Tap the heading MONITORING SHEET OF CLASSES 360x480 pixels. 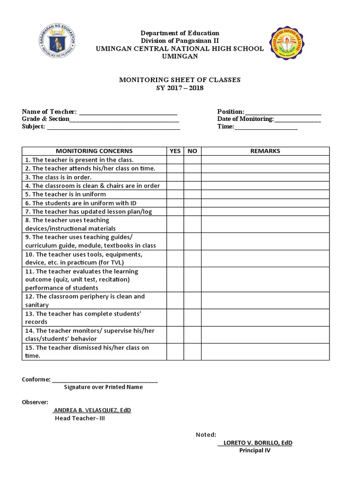point(180,80)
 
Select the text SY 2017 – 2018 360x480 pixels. point(180,88)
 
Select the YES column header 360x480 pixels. point(175,151)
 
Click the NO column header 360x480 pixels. point(192,151)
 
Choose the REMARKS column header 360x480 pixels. point(265,151)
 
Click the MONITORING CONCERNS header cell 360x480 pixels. point(94,151)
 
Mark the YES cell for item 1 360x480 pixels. point(175,160)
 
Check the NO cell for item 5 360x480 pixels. point(192,194)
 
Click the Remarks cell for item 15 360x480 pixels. point(265,352)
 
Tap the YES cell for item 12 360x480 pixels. point(175,300)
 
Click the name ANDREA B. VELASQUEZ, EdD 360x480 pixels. point(92,410)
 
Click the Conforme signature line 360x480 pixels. point(105,380)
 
